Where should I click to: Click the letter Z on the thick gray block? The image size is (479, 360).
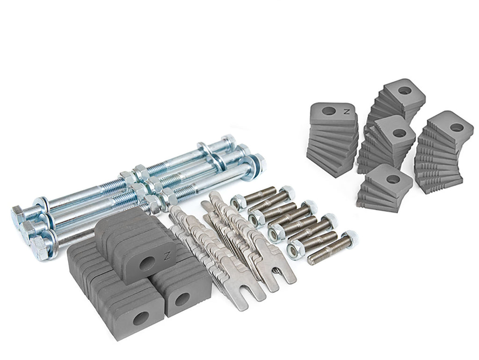pos(167,256)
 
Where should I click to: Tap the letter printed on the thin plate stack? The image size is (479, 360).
pos(347,111)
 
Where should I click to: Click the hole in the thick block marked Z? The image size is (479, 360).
pos(146,263)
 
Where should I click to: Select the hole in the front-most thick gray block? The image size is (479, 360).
pos(140,319)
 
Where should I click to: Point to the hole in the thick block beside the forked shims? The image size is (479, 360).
pos(182,299)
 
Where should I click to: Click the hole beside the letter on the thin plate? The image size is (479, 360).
pos(329,111)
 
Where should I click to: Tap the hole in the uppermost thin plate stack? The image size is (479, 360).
pos(405,90)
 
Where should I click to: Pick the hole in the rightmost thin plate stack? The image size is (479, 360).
pos(457,127)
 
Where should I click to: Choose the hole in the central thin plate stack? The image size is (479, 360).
pos(399,133)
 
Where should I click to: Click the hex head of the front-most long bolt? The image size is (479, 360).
pos(39,248)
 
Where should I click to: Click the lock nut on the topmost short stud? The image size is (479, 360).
pos(238,202)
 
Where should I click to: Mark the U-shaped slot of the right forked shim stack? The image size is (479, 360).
pos(279,274)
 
